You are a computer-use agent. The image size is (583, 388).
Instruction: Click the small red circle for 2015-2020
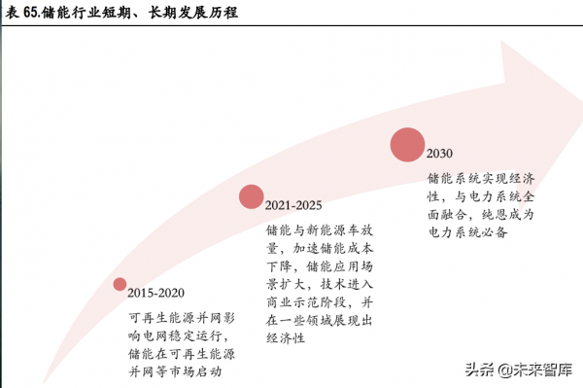tap(120, 284)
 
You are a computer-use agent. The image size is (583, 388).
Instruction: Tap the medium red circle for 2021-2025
tap(252, 197)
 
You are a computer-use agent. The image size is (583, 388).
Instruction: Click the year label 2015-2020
tap(155, 293)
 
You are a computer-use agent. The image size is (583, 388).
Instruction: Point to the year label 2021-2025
tap(293, 206)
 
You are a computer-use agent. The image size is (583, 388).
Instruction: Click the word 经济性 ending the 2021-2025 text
tap(287, 337)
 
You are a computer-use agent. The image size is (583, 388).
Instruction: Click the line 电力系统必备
tap(467, 232)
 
